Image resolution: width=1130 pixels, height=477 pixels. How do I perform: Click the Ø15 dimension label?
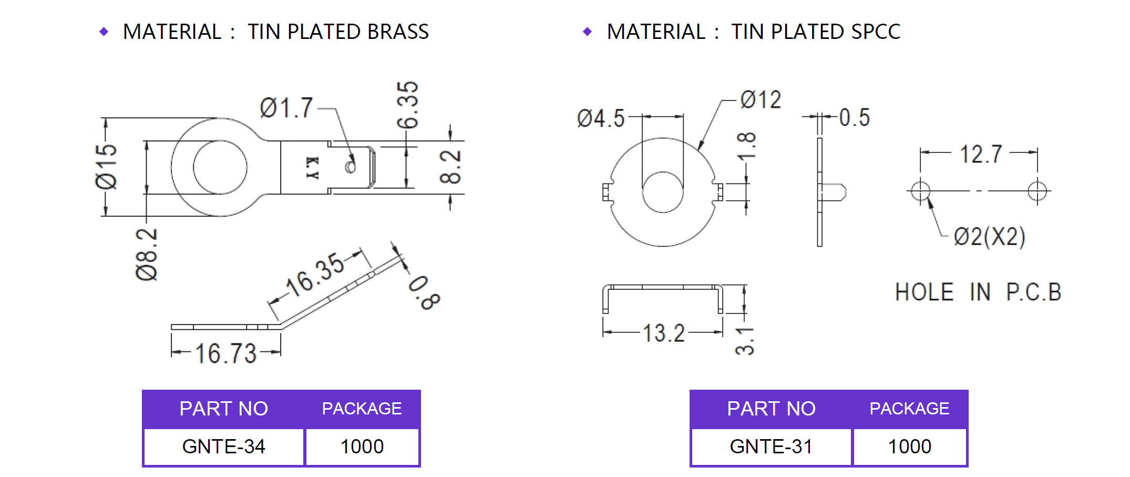[106, 166]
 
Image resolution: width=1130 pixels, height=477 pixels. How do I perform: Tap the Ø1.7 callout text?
[286, 108]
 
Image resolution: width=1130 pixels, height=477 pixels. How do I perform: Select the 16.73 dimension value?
[226, 353]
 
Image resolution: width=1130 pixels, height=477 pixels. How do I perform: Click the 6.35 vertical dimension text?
[407, 105]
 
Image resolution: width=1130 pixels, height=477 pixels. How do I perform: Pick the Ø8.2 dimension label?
[147, 255]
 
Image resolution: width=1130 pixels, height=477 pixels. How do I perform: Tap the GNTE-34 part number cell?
[224, 446]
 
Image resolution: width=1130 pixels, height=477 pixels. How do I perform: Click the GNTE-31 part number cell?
[771, 446]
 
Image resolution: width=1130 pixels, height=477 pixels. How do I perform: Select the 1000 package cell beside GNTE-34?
[362, 446]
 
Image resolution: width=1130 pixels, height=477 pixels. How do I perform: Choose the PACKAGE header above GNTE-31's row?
[909, 409]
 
